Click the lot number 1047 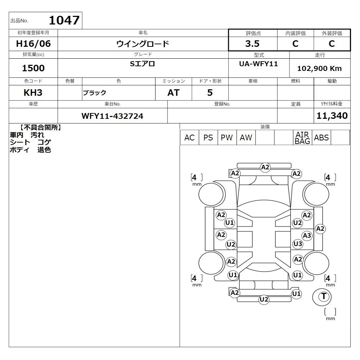click(64, 20)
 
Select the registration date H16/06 click(33, 44)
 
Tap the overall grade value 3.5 click(252, 44)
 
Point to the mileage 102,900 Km click(319, 68)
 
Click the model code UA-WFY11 click(258, 64)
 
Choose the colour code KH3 click(33, 93)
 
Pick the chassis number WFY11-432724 click(112, 116)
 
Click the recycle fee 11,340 click(332, 116)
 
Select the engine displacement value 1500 click(33, 68)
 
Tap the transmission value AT click(174, 93)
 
